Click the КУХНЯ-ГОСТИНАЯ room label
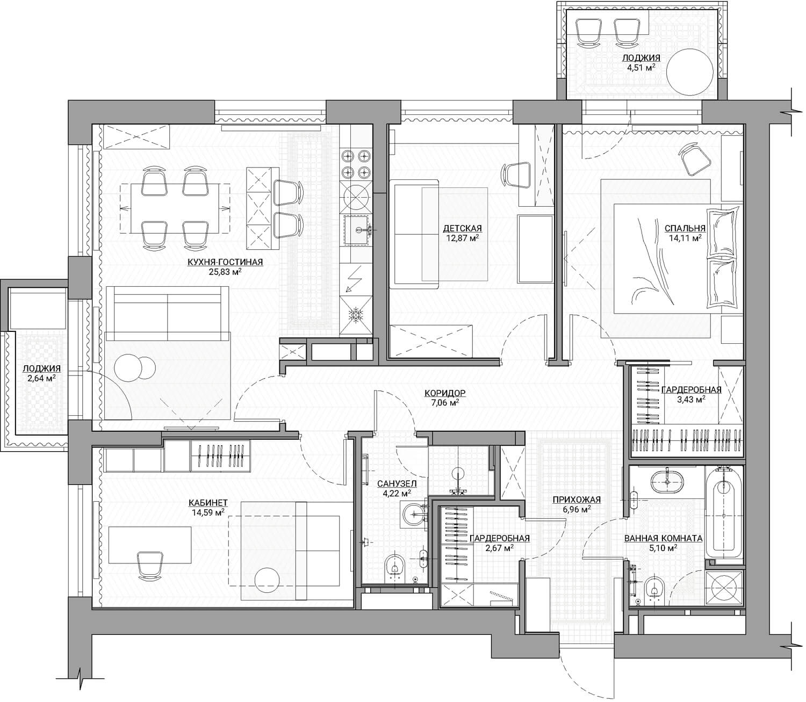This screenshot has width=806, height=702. point(225,262)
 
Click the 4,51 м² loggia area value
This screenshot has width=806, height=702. point(641,67)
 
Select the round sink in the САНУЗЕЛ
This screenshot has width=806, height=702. point(414,514)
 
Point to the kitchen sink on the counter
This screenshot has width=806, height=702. point(358,230)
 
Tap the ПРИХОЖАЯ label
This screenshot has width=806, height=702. point(577,500)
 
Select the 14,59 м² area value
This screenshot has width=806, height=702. point(208,512)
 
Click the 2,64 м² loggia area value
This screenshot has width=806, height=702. point(41,378)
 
